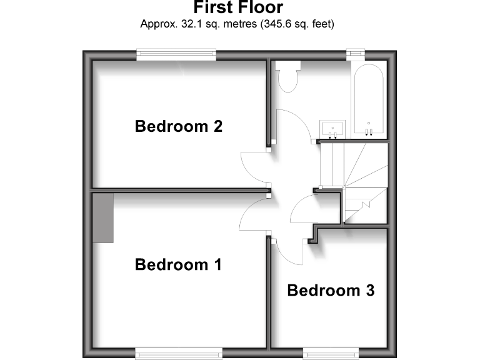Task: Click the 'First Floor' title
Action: click(238, 8)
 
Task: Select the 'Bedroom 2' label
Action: click(179, 127)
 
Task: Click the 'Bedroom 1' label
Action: click(179, 265)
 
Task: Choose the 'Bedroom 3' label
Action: click(331, 291)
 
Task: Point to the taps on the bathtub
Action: click(369, 131)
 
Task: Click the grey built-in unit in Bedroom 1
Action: click(103, 217)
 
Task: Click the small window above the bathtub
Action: click(356, 55)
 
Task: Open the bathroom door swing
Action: click(294, 125)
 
